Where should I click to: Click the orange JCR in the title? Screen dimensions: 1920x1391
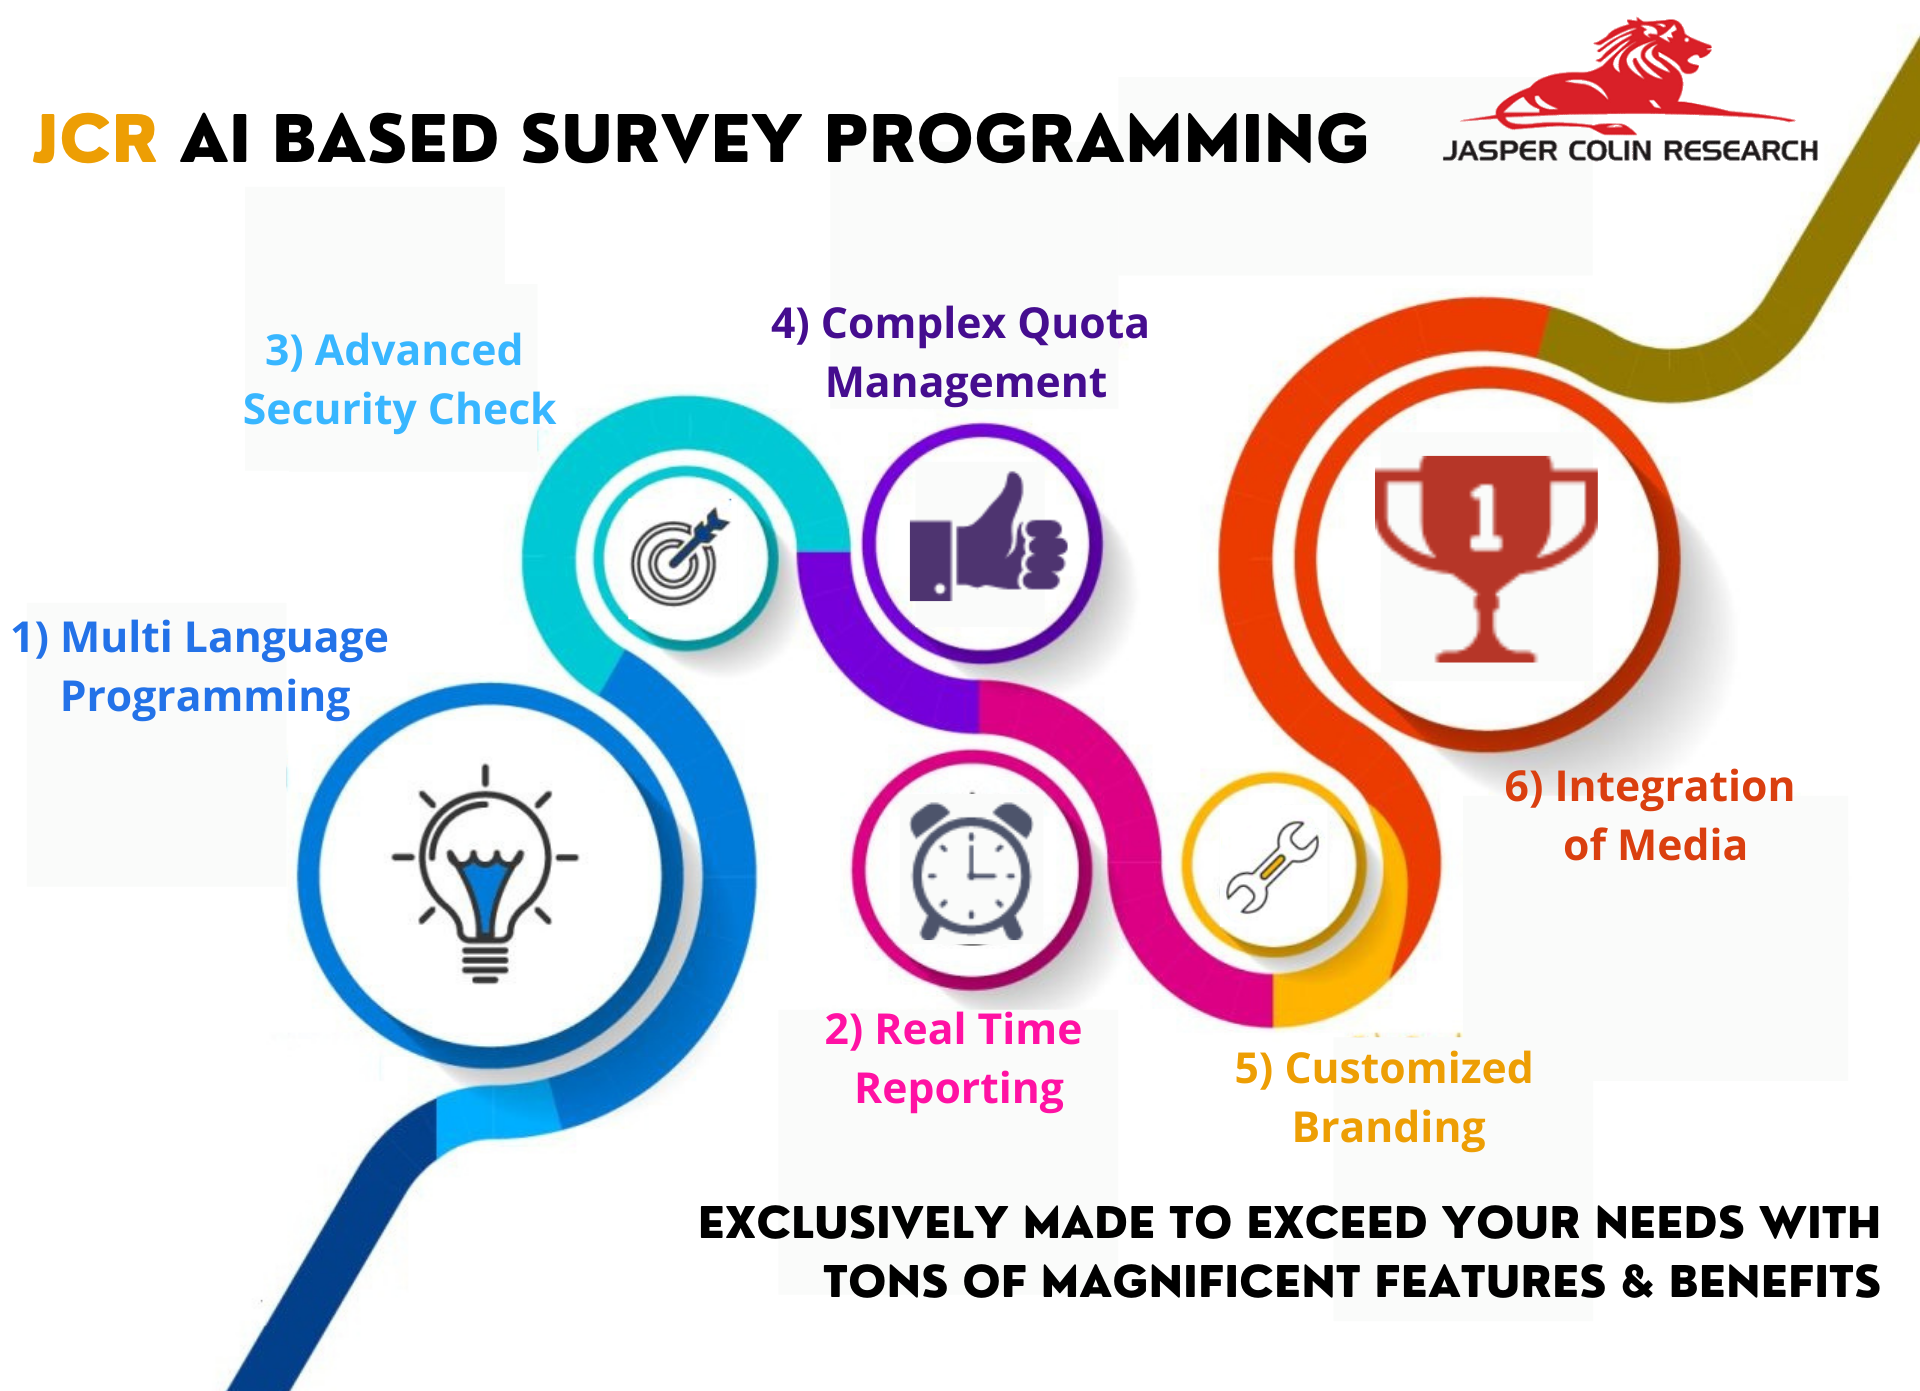(95, 139)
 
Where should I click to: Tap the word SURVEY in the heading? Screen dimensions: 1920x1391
(661, 139)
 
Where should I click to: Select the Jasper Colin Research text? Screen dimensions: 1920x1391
(1630, 151)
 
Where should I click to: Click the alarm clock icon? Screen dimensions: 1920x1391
(971, 871)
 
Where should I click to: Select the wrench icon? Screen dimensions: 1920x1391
(1273, 866)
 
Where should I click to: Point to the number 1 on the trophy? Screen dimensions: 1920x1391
(1485, 516)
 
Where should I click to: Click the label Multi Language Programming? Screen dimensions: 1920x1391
(200, 667)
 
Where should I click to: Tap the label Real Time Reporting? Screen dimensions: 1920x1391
(954, 1059)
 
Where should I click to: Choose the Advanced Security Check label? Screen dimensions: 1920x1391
(398, 379)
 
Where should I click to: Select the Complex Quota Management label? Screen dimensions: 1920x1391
(960, 352)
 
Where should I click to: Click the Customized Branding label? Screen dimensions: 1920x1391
(1384, 1098)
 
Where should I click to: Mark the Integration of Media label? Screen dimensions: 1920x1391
(1650, 815)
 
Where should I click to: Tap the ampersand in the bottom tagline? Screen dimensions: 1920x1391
(1637, 1281)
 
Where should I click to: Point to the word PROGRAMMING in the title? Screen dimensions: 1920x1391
(1096, 139)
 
